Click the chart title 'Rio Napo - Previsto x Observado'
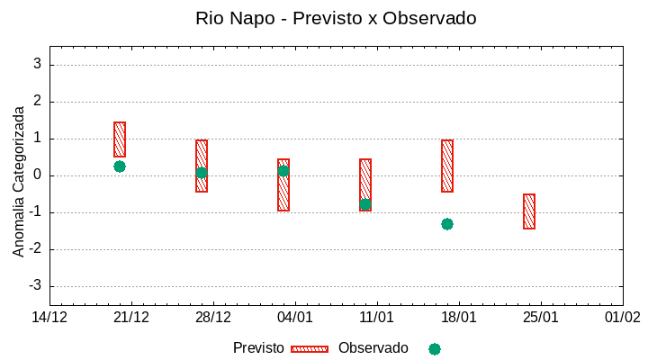pyautogui.click(x=336, y=18)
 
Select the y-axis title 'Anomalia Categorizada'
pyautogui.click(x=19, y=181)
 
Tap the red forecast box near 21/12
pyautogui.click(x=120, y=139)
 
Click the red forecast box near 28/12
pyautogui.click(x=202, y=166)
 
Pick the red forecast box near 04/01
pyautogui.click(x=283, y=184)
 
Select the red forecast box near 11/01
pyautogui.click(x=365, y=184)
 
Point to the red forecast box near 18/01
pyautogui.click(x=447, y=166)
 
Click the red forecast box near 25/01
pyautogui.click(x=529, y=211)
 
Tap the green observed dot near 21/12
pyautogui.click(x=120, y=166)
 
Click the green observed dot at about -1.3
pyautogui.click(x=447, y=224)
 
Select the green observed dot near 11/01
pyautogui.click(x=365, y=204)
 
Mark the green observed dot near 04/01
pyautogui.click(x=283, y=171)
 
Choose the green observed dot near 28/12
pyautogui.click(x=202, y=173)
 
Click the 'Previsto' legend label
pyautogui.click(x=258, y=348)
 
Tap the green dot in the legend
pyautogui.click(x=435, y=349)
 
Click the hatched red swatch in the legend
pyautogui.click(x=310, y=349)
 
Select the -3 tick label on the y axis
pyautogui.click(x=35, y=286)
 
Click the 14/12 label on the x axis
pyautogui.click(x=49, y=318)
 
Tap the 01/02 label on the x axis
pyautogui.click(x=622, y=318)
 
